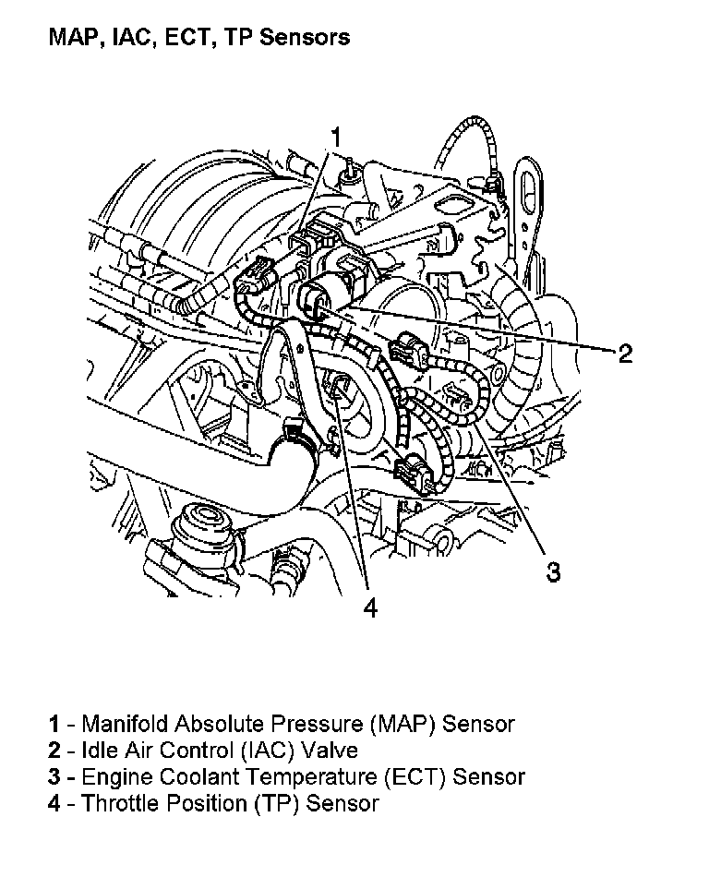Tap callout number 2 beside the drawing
[x=625, y=353]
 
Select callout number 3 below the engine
[x=552, y=572]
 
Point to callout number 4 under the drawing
[x=369, y=608]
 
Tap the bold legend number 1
[x=54, y=724]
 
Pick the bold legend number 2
[x=54, y=751]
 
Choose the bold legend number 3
[x=54, y=777]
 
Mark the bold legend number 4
[x=54, y=804]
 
